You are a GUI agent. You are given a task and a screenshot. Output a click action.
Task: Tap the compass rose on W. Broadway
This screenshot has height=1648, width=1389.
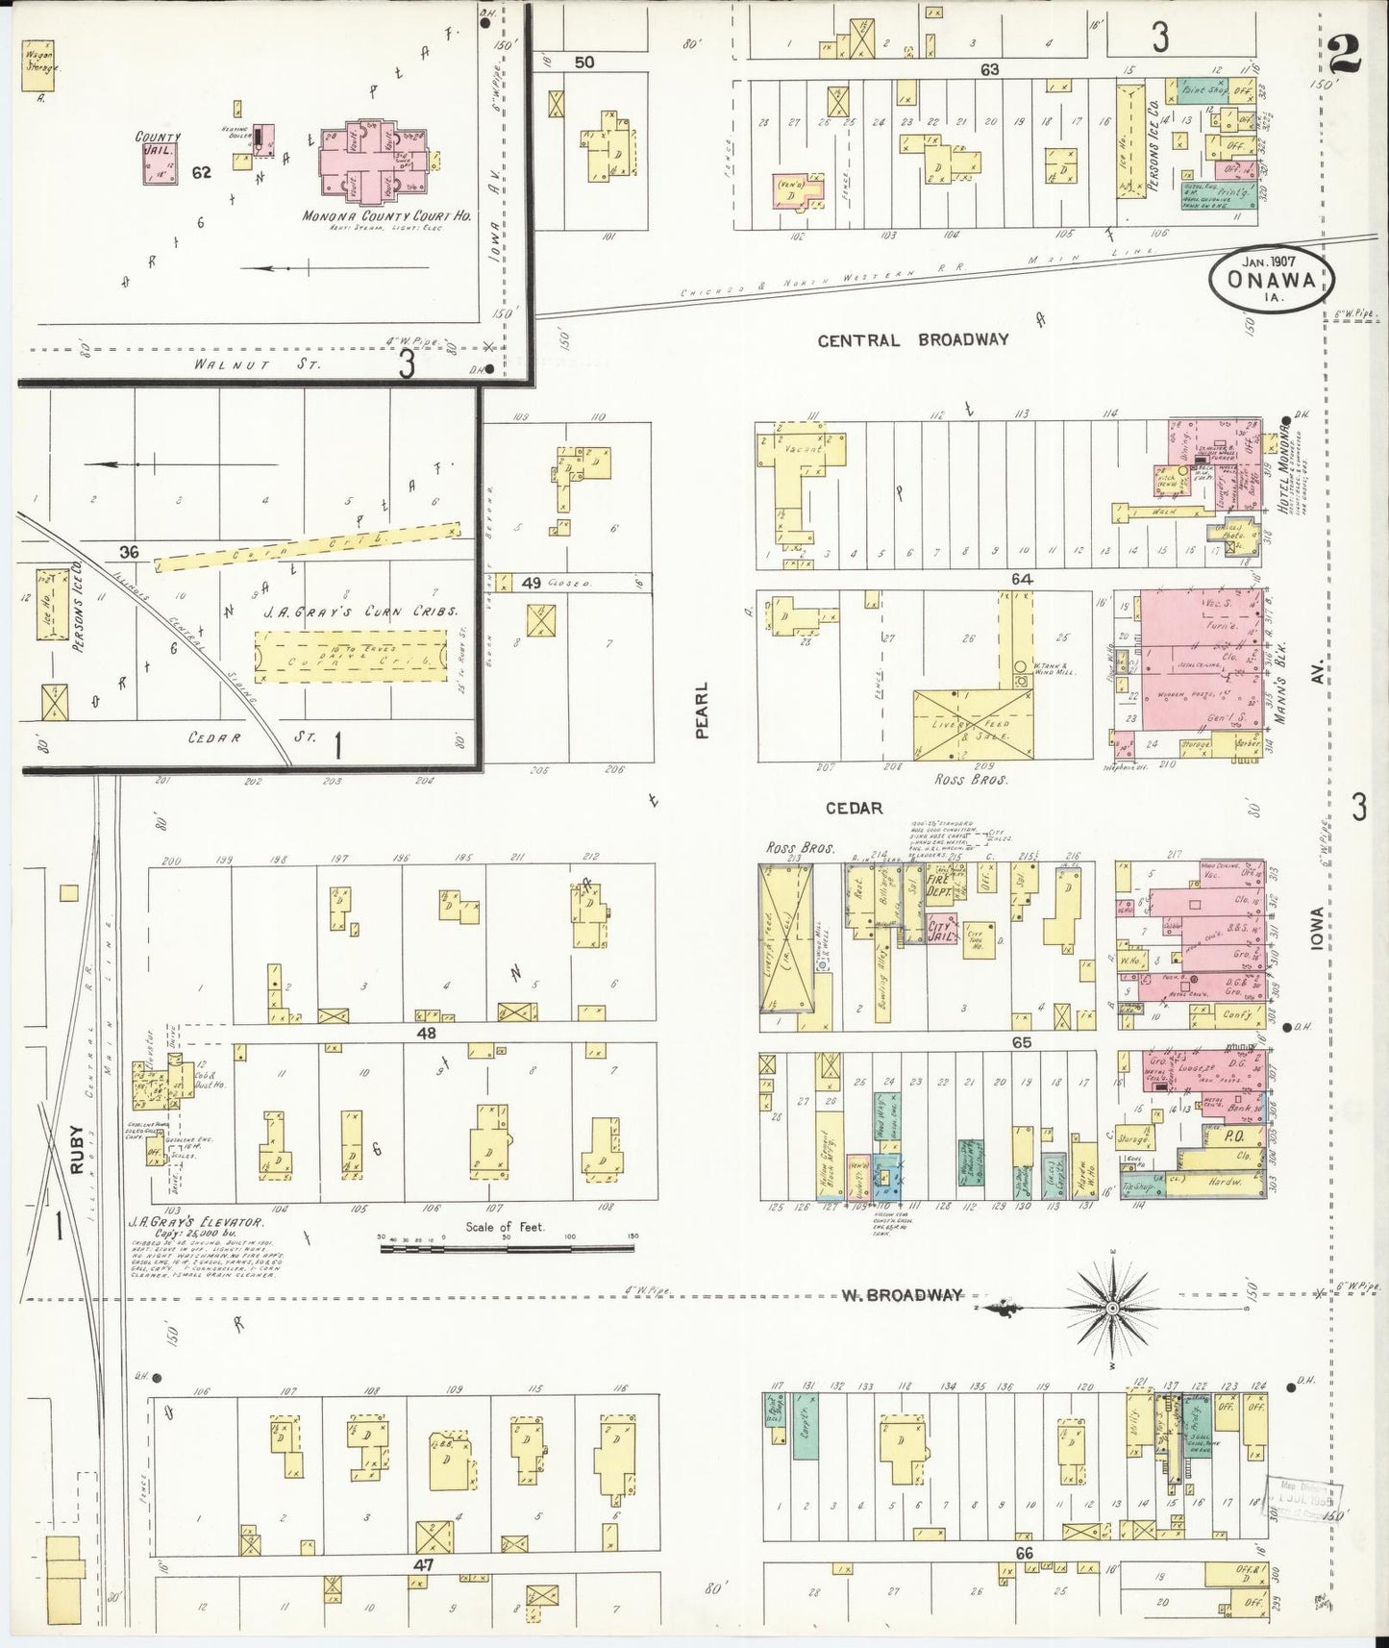coord(1112,1309)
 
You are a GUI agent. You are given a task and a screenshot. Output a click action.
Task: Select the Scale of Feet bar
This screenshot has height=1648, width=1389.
coord(507,1248)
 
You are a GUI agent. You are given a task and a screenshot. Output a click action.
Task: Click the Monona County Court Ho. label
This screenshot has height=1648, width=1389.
coord(385,217)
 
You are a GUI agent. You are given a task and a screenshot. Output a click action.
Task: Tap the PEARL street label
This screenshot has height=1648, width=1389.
coord(702,711)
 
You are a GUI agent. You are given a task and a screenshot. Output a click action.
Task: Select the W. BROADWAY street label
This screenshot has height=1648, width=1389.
coord(902,1295)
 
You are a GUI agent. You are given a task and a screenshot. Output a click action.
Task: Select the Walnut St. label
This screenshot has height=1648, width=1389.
coord(235,364)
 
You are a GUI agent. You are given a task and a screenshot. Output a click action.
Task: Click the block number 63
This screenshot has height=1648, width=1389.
coord(990,69)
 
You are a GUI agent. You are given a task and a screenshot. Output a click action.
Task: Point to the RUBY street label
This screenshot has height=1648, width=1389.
coord(78,1150)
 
